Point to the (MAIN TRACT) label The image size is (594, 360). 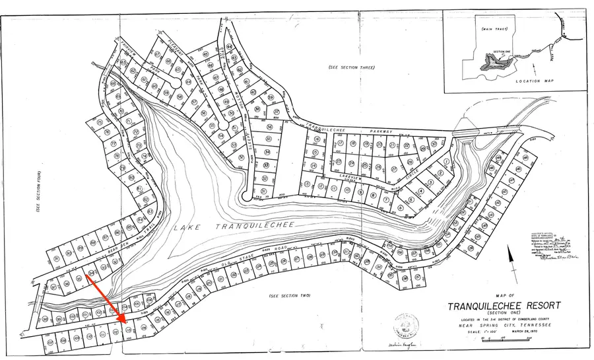click(490, 30)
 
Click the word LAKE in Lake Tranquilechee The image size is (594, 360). click(187, 228)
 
